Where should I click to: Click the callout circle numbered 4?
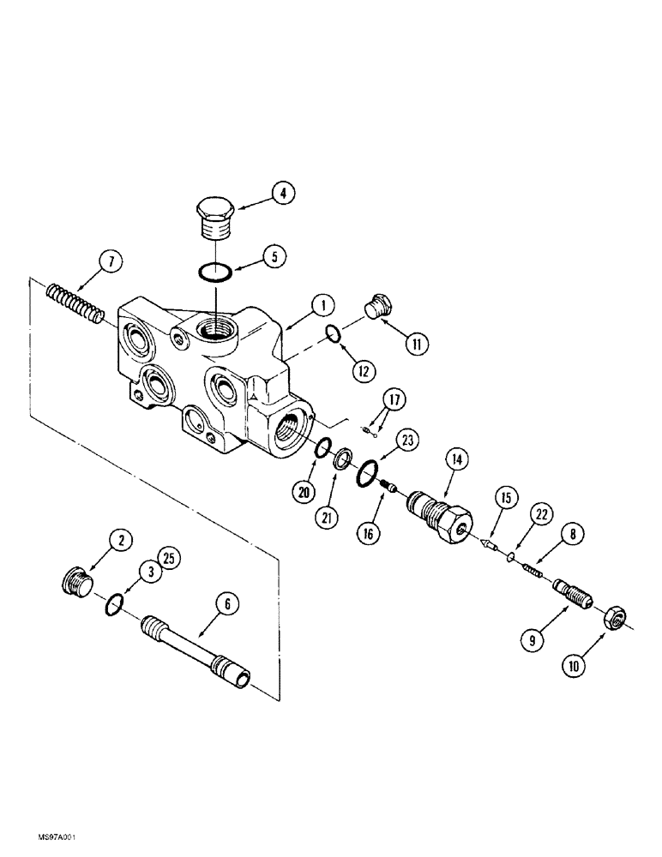coord(280,193)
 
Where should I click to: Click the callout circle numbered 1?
coord(323,303)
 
